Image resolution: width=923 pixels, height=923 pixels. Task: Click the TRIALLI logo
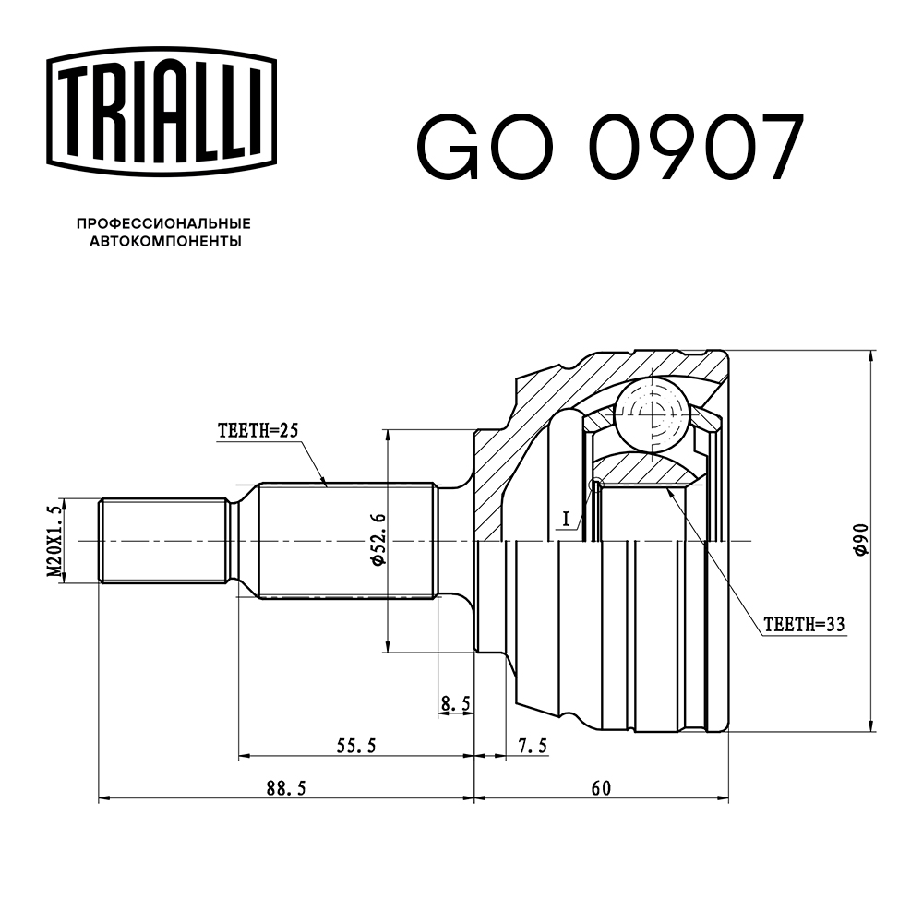162,112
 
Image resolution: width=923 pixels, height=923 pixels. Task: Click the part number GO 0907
610,147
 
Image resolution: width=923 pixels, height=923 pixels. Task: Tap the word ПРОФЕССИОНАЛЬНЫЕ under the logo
163,223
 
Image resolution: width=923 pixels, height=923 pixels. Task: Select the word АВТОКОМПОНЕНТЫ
165,241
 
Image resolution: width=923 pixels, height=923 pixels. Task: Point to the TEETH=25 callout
258,430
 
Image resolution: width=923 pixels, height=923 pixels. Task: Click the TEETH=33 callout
804,624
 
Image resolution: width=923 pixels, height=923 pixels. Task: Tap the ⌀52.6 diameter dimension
378,540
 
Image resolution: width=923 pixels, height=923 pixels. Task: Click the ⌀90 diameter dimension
861,540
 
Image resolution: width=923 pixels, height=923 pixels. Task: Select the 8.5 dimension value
456,703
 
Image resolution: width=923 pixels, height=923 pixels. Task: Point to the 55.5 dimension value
356,746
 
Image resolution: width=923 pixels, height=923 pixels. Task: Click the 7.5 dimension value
533,746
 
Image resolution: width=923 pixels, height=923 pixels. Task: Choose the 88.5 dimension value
286,788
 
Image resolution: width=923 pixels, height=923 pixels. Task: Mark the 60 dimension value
601,788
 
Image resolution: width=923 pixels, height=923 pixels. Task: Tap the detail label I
567,519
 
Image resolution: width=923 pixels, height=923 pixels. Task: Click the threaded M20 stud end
163,541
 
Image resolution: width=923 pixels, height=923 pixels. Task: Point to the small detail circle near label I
596,485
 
